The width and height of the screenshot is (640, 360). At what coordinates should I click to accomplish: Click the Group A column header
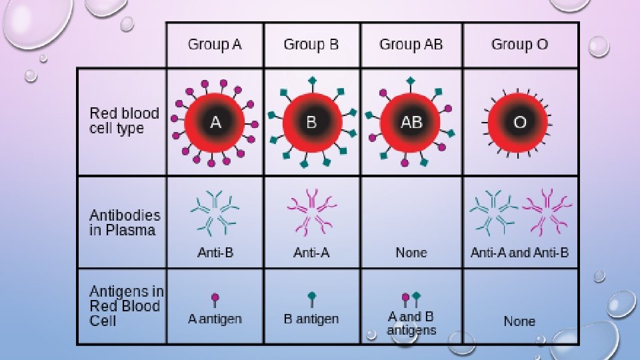click(215, 45)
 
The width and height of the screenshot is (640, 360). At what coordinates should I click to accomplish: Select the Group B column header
click(311, 45)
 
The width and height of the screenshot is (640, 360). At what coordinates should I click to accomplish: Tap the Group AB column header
click(411, 45)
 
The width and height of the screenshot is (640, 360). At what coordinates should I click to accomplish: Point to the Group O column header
click(519, 45)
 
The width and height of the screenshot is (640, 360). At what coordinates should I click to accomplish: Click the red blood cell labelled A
click(215, 123)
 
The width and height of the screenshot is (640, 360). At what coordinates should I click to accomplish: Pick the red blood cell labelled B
click(311, 123)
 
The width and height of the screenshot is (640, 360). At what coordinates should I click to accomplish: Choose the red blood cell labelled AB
click(411, 123)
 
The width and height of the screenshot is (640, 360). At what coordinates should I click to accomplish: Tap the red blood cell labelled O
click(519, 123)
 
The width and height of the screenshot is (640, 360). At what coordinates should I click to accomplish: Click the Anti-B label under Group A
click(215, 253)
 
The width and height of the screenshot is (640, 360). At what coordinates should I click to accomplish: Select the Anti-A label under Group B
click(311, 253)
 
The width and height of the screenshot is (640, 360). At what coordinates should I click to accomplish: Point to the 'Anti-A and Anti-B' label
click(519, 253)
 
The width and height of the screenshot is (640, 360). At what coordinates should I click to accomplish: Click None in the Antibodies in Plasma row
click(411, 253)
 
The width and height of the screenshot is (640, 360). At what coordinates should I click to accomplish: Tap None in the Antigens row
click(519, 321)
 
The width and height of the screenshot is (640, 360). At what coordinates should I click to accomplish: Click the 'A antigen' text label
click(215, 319)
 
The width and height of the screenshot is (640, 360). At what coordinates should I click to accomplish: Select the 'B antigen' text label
click(311, 319)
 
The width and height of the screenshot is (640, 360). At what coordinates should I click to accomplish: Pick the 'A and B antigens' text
click(411, 323)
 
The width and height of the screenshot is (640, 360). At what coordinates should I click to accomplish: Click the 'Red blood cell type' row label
click(124, 121)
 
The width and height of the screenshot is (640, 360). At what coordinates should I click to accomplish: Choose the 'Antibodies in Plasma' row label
click(125, 223)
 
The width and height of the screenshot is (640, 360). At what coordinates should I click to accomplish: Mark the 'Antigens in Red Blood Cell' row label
click(126, 306)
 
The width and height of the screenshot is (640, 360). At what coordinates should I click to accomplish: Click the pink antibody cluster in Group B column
click(311, 212)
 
